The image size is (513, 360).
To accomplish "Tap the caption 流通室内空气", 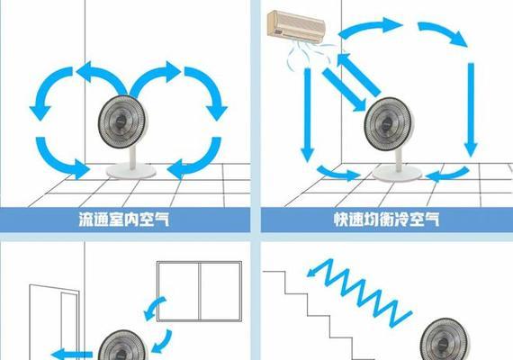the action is coord(124,220).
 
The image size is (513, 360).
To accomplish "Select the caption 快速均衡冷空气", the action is coord(387,220).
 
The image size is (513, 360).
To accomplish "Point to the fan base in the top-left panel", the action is coord(130,171).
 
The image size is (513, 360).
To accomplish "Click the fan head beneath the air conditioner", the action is coord(389,121).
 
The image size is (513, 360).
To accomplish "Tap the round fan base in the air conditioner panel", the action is coord(397,173).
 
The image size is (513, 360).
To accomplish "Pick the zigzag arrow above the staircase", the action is coord(359,292).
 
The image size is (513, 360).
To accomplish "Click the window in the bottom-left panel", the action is coord(199,292).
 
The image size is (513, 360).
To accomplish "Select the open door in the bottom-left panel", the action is coord(54,322).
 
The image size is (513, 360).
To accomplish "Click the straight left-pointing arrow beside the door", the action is coord(72,355).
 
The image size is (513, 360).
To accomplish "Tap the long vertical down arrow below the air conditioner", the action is coord(307,114).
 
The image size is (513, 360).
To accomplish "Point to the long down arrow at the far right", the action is coord(471,110).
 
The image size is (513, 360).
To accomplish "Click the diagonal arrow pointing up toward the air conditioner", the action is coord(359,75).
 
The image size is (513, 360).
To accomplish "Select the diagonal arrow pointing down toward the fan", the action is coord(344,90).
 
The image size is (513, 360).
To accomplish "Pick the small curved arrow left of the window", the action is coord(155,308).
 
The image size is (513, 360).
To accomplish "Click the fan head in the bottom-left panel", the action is coord(122,346).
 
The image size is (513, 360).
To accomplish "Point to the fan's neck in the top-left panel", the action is coord(133,157).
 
